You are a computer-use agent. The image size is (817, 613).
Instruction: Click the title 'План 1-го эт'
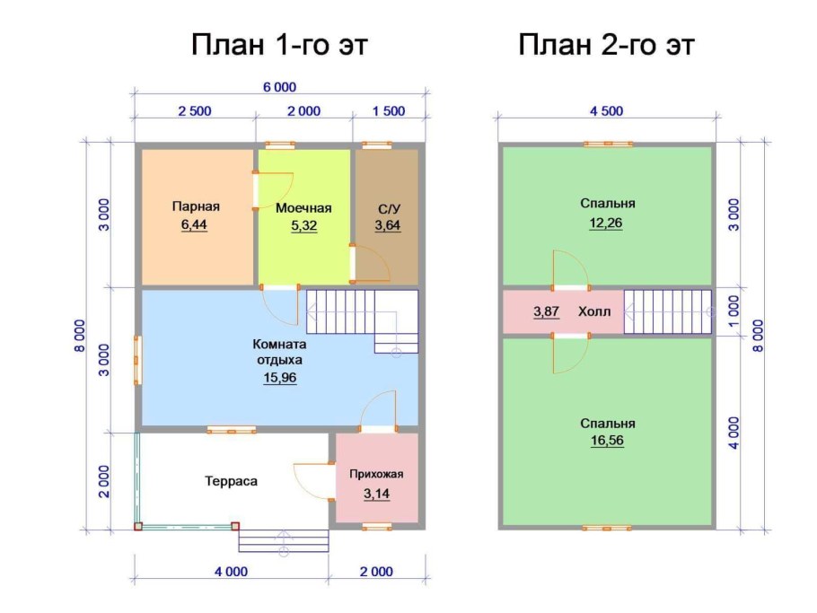[x=279, y=45]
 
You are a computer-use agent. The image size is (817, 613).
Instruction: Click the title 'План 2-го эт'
[x=607, y=45]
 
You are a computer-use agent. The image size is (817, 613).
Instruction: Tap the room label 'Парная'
[x=196, y=206]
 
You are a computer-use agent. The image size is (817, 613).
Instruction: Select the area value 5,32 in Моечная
[x=303, y=225]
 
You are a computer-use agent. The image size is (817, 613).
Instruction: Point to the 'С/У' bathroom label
[x=387, y=207]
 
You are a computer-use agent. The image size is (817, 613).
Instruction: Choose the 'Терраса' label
[x=231, y=481]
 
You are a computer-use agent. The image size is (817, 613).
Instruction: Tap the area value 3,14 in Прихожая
[x=376, y=493]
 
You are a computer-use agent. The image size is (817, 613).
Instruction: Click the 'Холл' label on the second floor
[x=593, y=311]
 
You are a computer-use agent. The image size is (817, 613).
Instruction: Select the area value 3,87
[x=546, y=311]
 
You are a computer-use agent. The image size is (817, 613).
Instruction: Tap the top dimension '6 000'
[x=278, y=87]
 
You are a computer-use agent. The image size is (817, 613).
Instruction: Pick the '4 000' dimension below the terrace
[x=231, y=571]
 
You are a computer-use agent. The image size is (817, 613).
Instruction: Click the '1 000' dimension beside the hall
[x=734, y=311]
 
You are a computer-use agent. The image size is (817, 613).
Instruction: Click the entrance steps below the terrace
[x=284, y=539]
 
